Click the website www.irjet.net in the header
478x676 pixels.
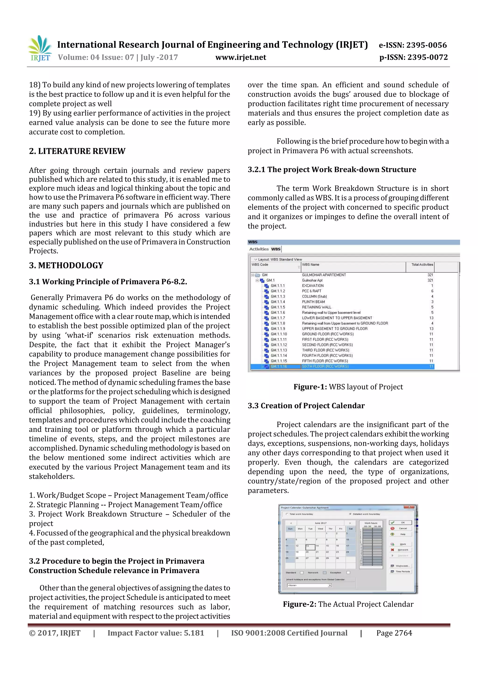point(241,57)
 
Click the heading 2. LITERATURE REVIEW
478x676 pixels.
point(77,151)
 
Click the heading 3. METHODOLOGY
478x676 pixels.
point(66,266)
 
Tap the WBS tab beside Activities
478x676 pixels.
point(276,249)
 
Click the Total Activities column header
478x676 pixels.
point(422,265)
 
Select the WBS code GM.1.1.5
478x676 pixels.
point(278,307)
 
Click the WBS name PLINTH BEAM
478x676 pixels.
point(313,302)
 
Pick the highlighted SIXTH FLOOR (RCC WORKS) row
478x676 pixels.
point(325,367)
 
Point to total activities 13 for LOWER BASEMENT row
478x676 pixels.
point(431,318)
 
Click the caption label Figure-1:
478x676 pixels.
point(310,387)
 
